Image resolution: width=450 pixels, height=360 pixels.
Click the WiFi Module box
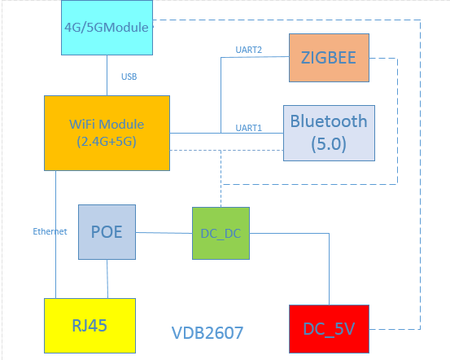107,133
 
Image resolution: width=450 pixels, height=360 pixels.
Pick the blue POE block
107,231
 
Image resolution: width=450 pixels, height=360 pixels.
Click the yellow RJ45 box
90,325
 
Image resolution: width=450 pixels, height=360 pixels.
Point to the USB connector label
129,77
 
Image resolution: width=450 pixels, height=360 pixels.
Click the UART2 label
248,50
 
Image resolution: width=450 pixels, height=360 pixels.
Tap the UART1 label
248,127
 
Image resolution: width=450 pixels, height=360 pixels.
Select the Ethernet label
50,231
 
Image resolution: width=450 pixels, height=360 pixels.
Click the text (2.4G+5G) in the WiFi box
107,140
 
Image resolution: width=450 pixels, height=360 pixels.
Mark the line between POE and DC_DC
164,233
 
